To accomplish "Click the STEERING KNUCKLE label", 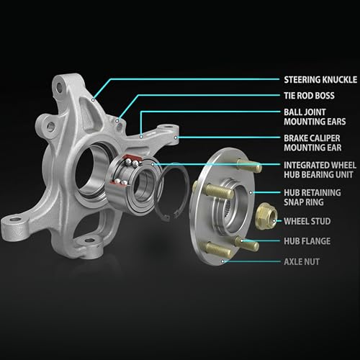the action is click(x=320, y=80).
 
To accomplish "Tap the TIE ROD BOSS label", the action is click(x=309, y=96).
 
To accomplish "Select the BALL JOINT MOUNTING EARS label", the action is click(x=315, y=117).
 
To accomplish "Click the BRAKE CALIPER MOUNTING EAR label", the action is click(x=312, y=143).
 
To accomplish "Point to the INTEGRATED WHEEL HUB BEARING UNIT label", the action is click(x=320, y=170).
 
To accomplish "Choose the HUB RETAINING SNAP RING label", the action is click(x=312, y=197).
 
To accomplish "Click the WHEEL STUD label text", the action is click(x=307, y=221).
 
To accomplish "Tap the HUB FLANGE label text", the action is click(x=307, y=241).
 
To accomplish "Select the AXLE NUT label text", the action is click(x=302, y=262).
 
